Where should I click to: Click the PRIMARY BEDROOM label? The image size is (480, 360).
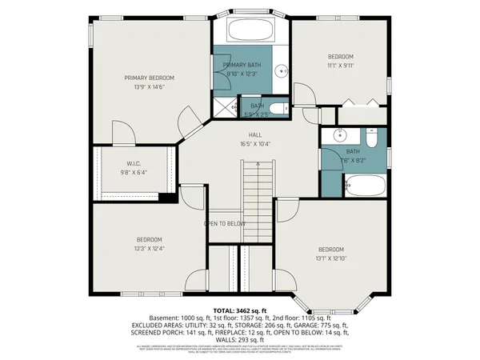click(149, 78)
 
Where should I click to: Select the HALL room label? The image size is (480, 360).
click(255, 135)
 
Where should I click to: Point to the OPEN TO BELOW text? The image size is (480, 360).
click(224, 224)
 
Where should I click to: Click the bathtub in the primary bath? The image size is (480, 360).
click(251, 31)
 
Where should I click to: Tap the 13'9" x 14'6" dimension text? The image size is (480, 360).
click(149, 87)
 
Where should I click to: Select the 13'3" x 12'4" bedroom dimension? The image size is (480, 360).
click(149, 250)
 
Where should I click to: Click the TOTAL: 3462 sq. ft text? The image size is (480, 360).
click(240, 310)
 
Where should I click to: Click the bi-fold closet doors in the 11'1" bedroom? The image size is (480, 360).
click(358, 102)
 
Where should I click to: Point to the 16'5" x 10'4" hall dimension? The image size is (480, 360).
click(255, 145)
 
